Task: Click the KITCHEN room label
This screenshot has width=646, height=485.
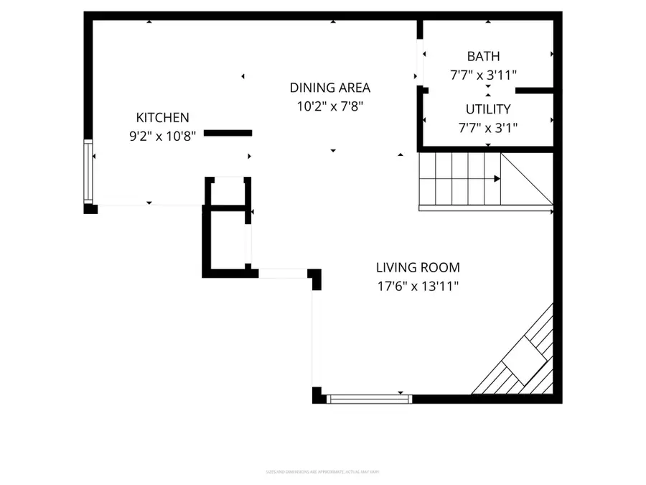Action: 162,117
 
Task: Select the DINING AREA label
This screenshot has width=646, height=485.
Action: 330,88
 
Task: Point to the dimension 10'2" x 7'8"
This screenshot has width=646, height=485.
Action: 330,105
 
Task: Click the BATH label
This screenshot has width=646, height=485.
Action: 483,56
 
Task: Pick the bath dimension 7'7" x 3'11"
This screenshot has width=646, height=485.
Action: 483,74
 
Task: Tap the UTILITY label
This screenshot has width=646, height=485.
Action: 488,109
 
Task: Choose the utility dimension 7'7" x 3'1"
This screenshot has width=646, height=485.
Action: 488,127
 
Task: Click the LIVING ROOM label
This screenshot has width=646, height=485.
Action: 418,268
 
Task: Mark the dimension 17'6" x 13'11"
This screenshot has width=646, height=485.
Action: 418,285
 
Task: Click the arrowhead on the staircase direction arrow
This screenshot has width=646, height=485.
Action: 497,178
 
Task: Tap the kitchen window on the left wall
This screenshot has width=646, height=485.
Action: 88,172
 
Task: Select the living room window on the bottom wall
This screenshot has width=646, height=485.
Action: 369,397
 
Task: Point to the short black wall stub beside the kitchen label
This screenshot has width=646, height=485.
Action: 228,133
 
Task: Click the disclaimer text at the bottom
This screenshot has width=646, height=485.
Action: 323,472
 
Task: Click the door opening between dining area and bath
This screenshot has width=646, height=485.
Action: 419,61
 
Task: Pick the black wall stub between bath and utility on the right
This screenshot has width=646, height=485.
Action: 535,91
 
